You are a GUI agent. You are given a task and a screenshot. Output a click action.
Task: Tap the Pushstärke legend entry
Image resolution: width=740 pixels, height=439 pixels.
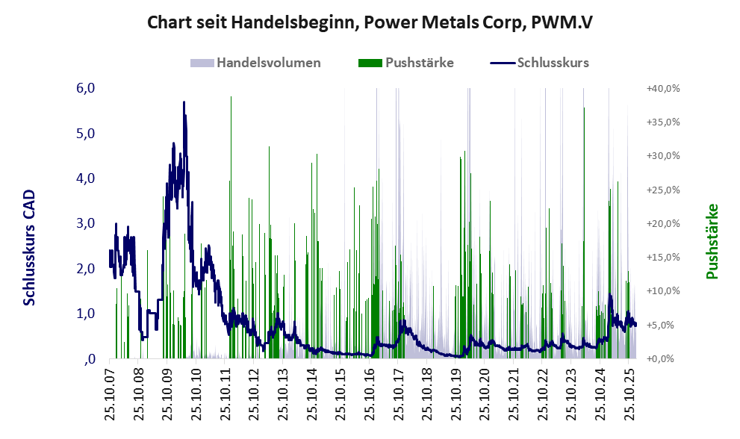tap(420, 63)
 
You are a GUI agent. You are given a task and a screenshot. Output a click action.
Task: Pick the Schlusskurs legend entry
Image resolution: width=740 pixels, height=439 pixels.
tap(553, 63)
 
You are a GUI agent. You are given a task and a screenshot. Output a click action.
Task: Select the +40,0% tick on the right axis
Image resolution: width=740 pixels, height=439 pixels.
tap(662, 88)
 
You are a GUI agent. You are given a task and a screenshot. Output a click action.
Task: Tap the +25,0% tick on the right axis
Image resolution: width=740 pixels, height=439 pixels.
tap(662, 190)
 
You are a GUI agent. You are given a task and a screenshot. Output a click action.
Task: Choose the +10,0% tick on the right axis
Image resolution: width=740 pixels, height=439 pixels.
tap(662, 291)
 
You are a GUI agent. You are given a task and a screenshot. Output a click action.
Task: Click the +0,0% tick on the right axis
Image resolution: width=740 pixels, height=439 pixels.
tap(664, 359)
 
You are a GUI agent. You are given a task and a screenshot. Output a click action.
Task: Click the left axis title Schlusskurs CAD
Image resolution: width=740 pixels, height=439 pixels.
tap(30, 247)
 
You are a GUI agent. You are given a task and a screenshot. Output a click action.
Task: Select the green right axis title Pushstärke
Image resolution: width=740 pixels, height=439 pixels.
tap(712, 241)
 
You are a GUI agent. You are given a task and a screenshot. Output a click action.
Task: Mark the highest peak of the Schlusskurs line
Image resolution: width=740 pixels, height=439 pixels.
tap(184, 102)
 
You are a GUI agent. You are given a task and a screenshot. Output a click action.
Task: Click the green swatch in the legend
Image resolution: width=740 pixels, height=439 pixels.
tap(370, 63)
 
